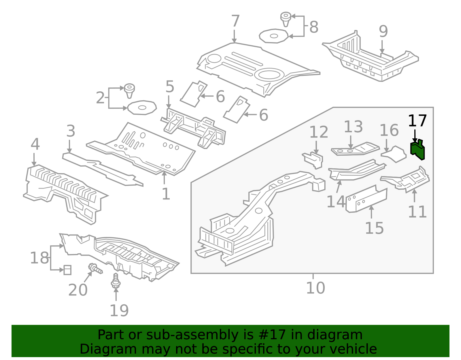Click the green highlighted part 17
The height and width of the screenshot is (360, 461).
[x=417, y=150]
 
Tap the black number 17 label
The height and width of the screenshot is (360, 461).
[x=417, y=121]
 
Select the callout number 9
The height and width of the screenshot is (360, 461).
[x=383, y=31]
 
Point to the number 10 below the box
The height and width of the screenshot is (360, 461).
[x=315, y=288]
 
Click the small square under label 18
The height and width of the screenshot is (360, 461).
[x=67, y=270]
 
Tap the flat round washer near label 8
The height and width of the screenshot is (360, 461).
[x=273, y=36]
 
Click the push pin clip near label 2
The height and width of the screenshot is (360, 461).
[x=129, y=90]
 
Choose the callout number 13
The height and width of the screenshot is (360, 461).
[x=353, y=127]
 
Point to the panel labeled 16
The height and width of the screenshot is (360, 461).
[x=394, y=154]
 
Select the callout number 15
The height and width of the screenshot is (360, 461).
[x=374, y=228]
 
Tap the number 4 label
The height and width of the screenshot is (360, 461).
[x=35, y=144]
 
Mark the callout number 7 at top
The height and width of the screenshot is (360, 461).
[x=235, y=21]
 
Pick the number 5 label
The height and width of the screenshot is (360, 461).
[x=170, y=87]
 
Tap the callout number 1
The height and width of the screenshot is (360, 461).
[x=166, y=194]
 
